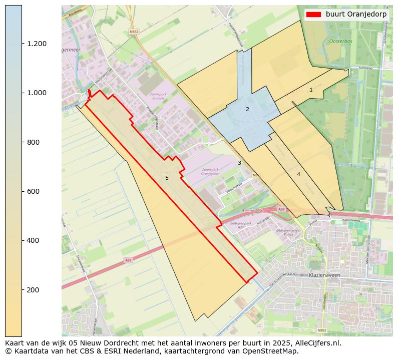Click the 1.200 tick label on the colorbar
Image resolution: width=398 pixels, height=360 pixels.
pos(37,44)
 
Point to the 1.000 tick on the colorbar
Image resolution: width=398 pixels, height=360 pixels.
pos(37,93)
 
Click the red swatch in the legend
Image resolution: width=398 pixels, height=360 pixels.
pos(314,15)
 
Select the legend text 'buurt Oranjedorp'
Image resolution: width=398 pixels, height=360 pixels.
pos(356,15)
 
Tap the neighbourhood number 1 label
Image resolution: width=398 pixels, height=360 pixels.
pos(311,90)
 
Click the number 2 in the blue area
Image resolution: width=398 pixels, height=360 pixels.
pos(247,109)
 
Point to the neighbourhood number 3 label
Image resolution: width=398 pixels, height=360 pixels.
pos(239,163)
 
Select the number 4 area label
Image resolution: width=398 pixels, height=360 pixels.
pos(298,174)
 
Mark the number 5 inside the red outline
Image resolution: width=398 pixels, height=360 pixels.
pos(167,178)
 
